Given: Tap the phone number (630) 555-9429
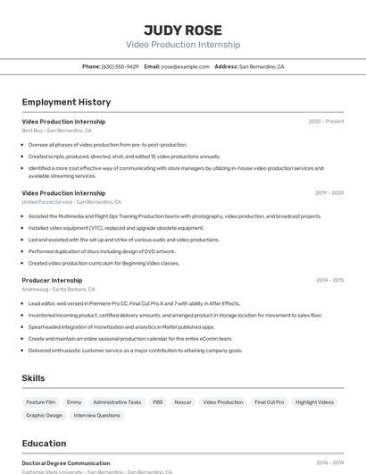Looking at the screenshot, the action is click(121, 66).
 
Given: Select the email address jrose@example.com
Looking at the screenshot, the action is click(185, 66).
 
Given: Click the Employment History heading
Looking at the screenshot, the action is click(66, 102).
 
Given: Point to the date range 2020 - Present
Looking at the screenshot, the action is click(326, 121).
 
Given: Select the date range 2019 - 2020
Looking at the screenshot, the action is click(329, 192).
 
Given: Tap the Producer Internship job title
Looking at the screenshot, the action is click(52, 280).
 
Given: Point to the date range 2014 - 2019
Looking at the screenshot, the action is click(329, 280).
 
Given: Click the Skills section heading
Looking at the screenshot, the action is click(34, 378).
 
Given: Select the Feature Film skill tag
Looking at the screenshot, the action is click(41, 402).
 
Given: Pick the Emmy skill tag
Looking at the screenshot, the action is click(74, 402).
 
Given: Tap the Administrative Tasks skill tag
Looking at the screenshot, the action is click(117, 402).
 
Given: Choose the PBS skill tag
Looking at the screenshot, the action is click(157, 402).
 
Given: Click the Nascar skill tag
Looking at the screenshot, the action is click(183, 402).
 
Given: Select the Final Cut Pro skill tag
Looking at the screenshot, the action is click(269, 402).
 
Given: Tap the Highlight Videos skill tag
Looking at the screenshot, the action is click(314, 402).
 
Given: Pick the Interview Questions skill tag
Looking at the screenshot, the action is click(96, 415).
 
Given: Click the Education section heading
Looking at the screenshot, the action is click(44, 444).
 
